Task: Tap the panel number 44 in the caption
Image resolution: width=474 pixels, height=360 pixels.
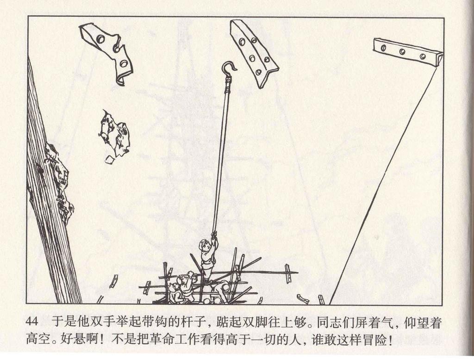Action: pyautogui.click(x=32, y=323)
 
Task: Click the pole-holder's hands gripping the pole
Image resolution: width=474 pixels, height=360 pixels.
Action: pyautogui.click(x=214, y=236)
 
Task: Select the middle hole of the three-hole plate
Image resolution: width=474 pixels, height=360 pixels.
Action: pyautogui.click(x=402, y=52)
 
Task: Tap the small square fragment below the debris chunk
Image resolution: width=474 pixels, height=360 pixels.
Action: pyautogui.click(x=109, y=160)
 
